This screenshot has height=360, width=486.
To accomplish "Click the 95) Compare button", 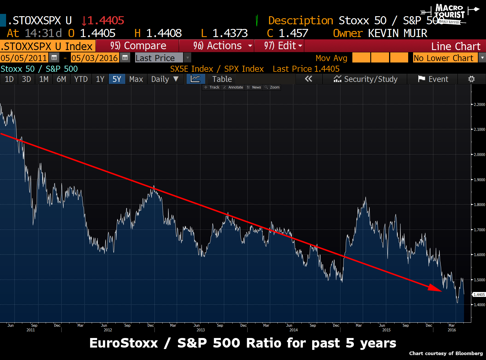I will [138, 46].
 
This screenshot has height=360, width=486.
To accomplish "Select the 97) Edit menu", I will [279, 46].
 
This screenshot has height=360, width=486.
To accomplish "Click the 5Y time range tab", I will [117, 79].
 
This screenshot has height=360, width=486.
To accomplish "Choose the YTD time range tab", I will [81, 79].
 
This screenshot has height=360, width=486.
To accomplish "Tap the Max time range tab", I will [136, 79].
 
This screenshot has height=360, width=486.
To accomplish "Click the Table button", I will [222, 79].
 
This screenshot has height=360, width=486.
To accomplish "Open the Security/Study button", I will [366, 79].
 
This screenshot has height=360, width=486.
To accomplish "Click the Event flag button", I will [433, 79].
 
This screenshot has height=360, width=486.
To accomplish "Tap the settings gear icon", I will [471, 79].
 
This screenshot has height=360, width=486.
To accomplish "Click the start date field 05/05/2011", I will [24, 58].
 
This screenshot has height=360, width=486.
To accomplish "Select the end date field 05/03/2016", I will [95, 58].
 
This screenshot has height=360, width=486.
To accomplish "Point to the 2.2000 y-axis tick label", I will [479, 104].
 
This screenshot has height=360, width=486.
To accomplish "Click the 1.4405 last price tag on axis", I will [479, 295].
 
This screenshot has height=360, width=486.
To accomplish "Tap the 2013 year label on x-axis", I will [200, 330].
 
